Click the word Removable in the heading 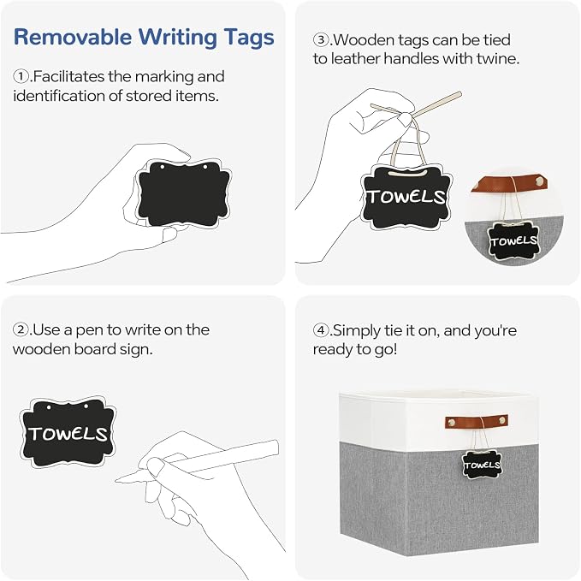click(73, 37)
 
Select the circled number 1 click(21, 77)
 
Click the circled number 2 click(21, 329)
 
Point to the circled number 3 click(321, 39)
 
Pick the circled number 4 click(321, 329)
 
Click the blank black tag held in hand click(183, 193)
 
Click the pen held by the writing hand click(198, 460)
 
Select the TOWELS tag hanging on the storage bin click(482, 465)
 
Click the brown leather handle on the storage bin click(477, 422)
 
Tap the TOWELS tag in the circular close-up click(513, 240)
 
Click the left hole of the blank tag click(162, 167)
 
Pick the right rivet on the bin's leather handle click(502, 421)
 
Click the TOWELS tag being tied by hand click(406, 197)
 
